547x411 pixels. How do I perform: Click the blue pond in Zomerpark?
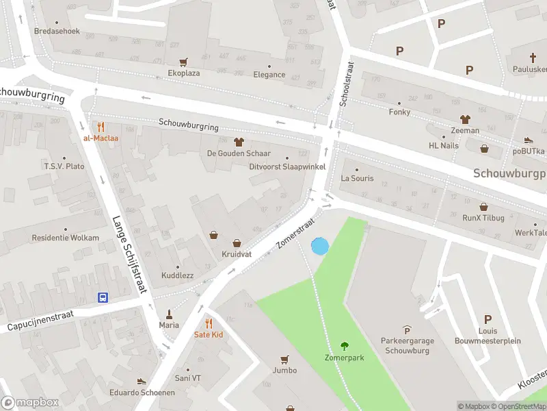coord(319,246)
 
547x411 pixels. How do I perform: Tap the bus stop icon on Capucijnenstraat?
coord(103,297)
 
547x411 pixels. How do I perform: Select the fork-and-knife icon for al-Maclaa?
coord(101,127)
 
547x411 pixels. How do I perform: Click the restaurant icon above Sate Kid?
coord(209,323)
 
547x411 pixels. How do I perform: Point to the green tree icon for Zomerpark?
coord(344,347)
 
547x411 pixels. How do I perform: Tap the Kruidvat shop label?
coord(237,254)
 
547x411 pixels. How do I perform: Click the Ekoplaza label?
coord(183,73)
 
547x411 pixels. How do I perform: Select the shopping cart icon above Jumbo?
coord(285,359)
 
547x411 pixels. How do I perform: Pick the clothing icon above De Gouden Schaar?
coord(239,142)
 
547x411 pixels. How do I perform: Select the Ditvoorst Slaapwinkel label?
coord(287,166)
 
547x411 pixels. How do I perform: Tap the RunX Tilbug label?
coord(483,218)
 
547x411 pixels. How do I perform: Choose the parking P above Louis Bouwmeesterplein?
coord(488,319)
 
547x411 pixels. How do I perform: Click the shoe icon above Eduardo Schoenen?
coord(142,381)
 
